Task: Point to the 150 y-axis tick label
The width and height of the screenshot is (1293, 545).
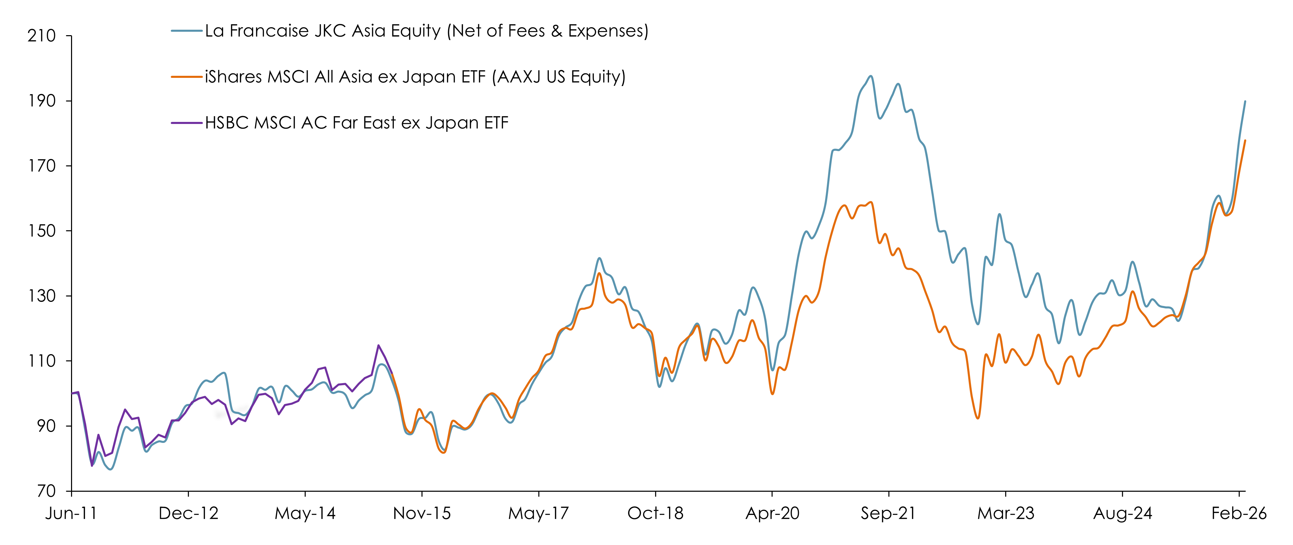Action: tap(42, 231)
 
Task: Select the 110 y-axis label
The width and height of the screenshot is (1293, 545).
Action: tap(42, 361)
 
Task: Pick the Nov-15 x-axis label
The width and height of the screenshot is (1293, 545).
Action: tap(422, 513)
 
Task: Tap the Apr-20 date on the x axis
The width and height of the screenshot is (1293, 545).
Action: tap(772, 513)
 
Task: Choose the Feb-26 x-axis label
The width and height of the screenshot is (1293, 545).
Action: tap(1239, 513)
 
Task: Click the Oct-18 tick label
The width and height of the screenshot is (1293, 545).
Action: tap(655, 513)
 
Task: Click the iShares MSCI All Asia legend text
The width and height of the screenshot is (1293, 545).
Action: tap(415, 77)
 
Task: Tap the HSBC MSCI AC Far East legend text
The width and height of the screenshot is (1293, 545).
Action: tap(357, 123)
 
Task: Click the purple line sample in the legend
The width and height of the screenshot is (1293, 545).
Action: tap(187, 123)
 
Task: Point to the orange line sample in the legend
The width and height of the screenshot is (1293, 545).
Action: tap(187, 77)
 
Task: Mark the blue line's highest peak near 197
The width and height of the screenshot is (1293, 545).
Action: tap(871, 76)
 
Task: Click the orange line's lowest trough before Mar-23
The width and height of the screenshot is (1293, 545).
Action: tap(978, 418)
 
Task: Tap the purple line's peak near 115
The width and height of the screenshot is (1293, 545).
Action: tap(378, 345)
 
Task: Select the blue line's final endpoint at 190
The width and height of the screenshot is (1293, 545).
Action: tap(1245, 101)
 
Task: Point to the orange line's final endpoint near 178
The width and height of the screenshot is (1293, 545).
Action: tap(1245, 140)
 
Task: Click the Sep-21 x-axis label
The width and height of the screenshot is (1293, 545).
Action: tap(888, 513)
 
